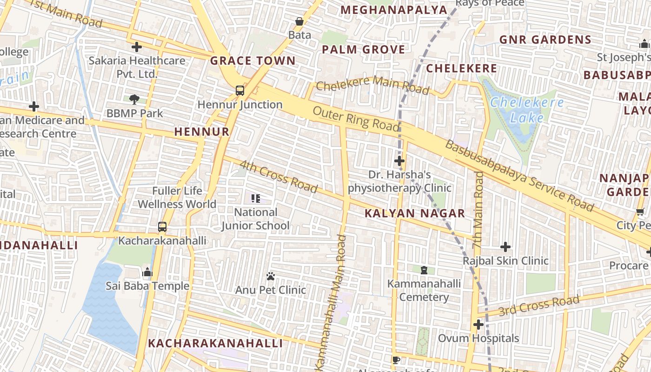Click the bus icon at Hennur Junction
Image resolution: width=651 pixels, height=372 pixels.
240,91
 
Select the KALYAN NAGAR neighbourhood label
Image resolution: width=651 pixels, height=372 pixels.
414,213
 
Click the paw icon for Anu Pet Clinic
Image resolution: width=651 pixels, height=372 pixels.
271,276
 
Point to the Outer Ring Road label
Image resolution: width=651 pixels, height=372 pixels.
356,119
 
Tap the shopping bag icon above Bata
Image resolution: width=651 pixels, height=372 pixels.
299,21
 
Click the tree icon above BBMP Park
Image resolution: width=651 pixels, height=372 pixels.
135,99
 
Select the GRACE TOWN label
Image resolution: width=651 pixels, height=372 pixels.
252,60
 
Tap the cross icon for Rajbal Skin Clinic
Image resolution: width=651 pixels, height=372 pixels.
505,247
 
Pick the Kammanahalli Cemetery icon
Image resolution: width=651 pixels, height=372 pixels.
424,270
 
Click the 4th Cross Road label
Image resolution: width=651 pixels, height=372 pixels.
278,176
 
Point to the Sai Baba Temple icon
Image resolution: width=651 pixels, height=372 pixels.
147,272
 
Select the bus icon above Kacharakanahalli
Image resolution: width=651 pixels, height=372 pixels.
162,227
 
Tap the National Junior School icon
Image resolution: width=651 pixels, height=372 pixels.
255,199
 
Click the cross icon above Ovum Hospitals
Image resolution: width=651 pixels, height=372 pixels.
478,324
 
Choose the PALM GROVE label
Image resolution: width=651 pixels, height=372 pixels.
363,49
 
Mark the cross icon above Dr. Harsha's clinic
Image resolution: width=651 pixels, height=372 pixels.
399,161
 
